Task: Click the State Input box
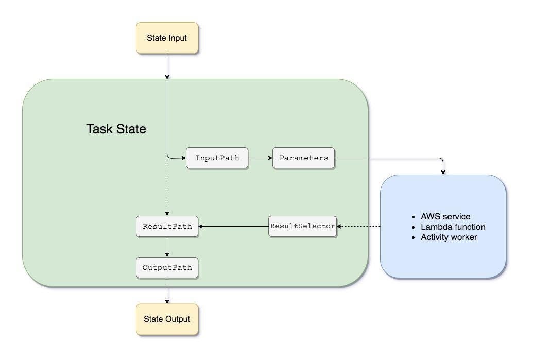click(x=167, y=38)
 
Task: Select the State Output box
click(x=167, y=319)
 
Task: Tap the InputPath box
click(x=217, y=158)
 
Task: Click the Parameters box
click(x=303, y=158)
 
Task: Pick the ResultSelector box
click(x=303, y=226)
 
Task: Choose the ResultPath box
click(x=167, y=227)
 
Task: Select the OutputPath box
click(x=167, y=268)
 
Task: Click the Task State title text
click(x=116, y=129)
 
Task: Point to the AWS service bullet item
click(x=445, y=216)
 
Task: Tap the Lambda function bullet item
click(x=453, y=227)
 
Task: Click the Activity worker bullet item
click(x=449, y=237)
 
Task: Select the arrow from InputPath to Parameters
click(x=260, y=158)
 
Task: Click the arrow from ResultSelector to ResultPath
click(x=233, y=226)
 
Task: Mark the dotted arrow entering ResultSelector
click(x=359, y=226)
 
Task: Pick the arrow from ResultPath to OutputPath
click(x=167, y=247)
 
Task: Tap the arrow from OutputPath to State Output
click(x=167, y=291)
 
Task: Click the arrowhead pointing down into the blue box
click(x=443, y=172)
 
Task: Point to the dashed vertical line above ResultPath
click(x=167, y=188)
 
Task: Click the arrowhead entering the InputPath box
click(x=183, y=158)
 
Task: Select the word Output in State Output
click(x=178, y=319)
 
